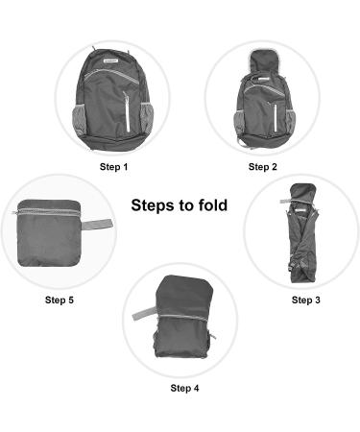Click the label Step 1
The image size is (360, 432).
(114, 167)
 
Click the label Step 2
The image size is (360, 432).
(262, 167)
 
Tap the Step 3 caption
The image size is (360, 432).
(305, 300)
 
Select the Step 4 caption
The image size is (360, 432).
(184, 388)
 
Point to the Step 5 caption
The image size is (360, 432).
(59, 300)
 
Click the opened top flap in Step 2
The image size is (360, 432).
(260, 64)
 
